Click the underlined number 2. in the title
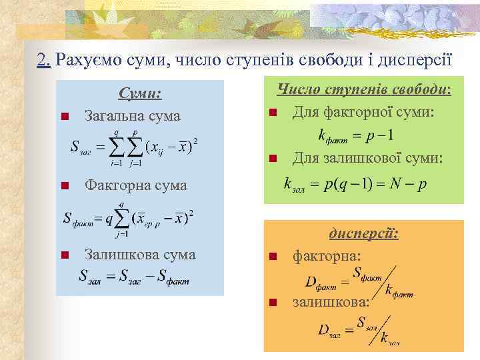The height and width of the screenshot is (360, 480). coord(44,61)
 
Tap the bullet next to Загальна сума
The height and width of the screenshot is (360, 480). coord(64,117)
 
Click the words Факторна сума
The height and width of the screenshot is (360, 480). coord(135,185)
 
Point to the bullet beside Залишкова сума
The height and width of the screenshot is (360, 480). coord(64,255)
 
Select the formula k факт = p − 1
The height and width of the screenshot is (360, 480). coord(356,135)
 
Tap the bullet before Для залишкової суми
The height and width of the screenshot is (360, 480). coord(273,159)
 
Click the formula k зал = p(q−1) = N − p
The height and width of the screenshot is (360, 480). coord(355,184)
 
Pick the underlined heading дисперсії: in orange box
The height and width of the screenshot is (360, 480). coord(363,234)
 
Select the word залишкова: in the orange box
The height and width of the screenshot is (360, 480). coord(331,302)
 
